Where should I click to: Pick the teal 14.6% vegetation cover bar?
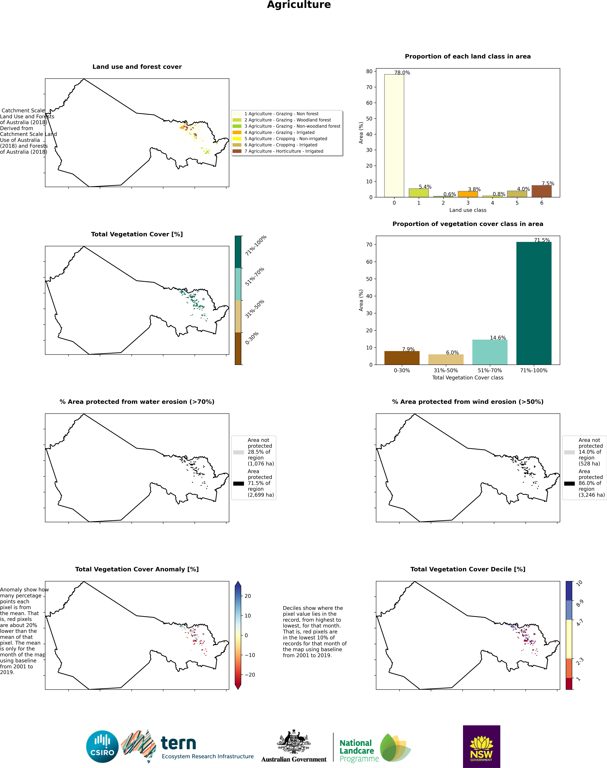(x=490, y=352)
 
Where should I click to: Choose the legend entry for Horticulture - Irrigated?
(x=278, y=151)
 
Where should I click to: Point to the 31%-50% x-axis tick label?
(x=446, y=371)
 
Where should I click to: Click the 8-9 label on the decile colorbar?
(x=580, y=603)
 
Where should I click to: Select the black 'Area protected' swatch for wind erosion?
(x=569, y=483)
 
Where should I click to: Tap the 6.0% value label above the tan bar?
(x=452, y=352)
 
